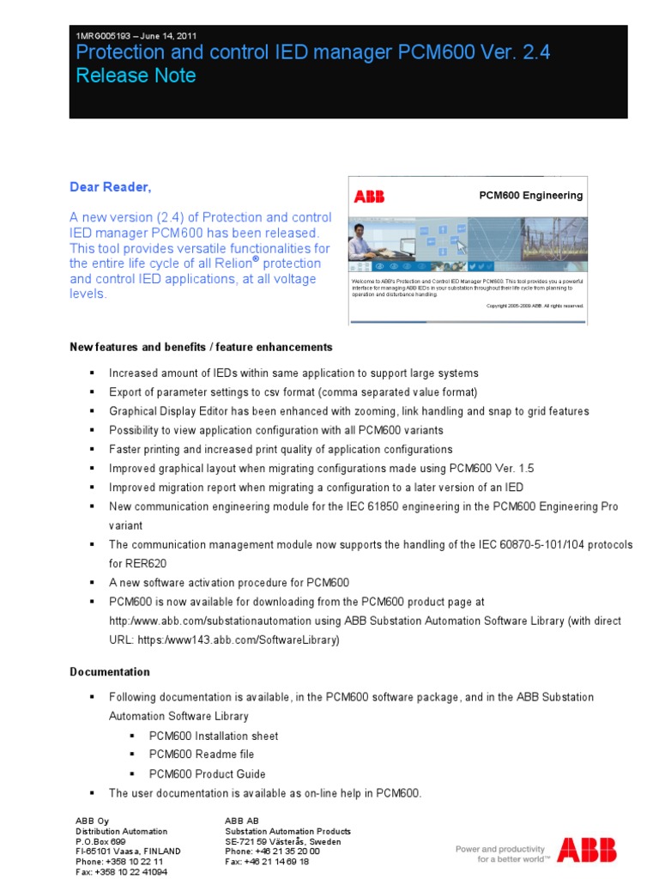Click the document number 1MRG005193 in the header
[104, 36]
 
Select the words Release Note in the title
[136, 76]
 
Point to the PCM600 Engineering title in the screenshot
[530, 196]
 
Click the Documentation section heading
[110, 672]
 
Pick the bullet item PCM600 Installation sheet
[214, 736]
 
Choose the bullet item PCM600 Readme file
[202, 755]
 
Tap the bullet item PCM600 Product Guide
[208, 773]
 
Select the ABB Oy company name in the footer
[93, 821]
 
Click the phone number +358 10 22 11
[135, 861]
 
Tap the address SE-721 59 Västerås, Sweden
[282, 842]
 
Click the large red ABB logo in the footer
[586, 851]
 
